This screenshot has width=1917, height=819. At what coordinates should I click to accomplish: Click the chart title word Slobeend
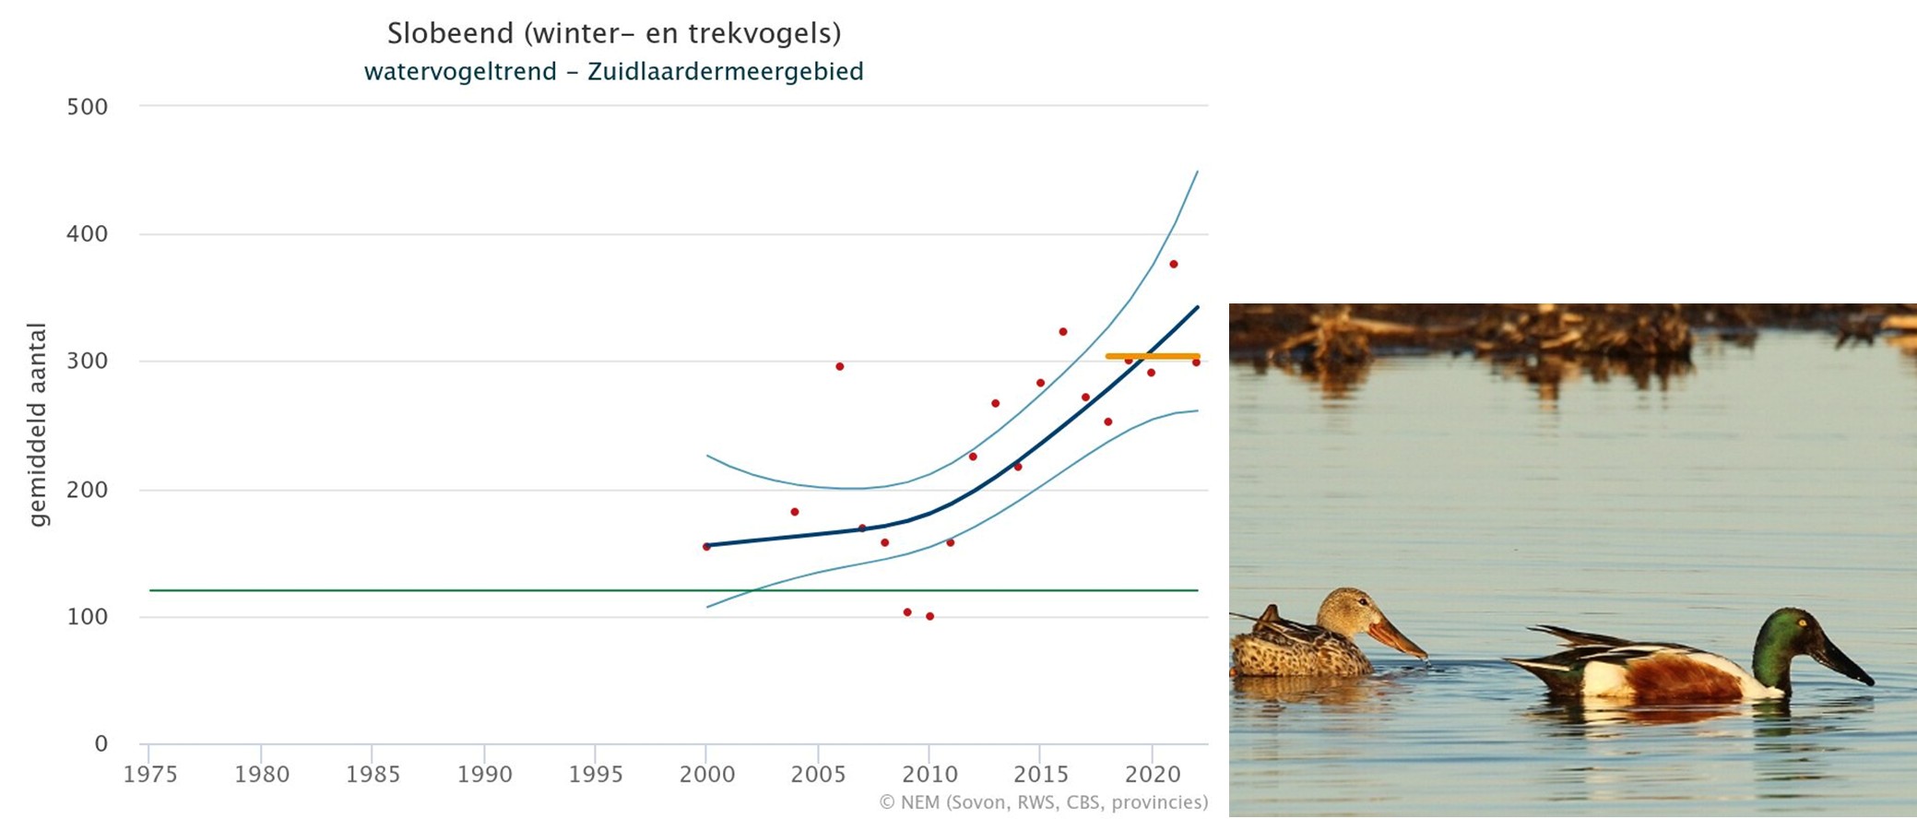[x=450, y=34]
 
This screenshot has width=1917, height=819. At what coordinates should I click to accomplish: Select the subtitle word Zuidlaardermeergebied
[x=725, y=72]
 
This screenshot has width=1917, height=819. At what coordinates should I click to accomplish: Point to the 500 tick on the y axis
[x=87, y=107]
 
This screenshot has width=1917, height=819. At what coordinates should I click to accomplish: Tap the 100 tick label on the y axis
[x=87, y=617]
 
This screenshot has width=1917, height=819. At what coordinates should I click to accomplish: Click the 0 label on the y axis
[x=101, y=744]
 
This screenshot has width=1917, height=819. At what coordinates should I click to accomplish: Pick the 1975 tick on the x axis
[x=150, y=775]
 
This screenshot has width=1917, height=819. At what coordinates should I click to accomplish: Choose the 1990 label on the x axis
[x=484, y=775]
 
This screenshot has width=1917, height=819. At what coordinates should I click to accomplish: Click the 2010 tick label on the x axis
[x=929, y=775]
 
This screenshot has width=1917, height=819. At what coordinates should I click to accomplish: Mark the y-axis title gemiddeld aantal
[x=37, y=424]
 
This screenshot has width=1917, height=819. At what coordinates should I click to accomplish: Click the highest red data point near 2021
[x=1174, y=265]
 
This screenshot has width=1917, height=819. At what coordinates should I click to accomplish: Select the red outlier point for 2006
[x=839, y=366]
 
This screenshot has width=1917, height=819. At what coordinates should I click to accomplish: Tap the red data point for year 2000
[x=706, y=547]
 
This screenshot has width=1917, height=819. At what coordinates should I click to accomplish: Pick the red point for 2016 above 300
[x=1063, y=332]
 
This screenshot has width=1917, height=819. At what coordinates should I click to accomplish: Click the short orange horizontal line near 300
[x=1153, y=356]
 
